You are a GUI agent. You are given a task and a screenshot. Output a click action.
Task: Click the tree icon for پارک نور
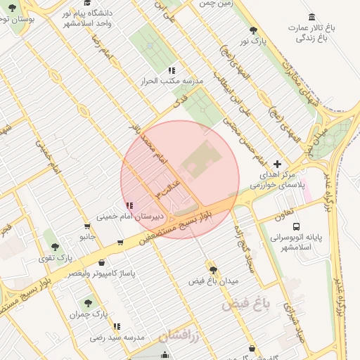tap(253, 30)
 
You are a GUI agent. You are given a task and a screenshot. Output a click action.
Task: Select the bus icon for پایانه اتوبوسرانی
tap(296, 227)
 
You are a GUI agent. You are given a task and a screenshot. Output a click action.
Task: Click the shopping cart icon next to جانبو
tap(86, 226)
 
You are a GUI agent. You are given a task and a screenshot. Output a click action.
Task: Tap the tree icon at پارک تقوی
tap(55, 247)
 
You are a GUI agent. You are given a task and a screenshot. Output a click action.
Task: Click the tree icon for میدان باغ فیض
tap(212, 269)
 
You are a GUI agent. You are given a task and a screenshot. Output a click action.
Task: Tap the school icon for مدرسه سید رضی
tap(117, 326)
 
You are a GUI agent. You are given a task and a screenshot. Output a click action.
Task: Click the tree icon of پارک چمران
tap(87, 303)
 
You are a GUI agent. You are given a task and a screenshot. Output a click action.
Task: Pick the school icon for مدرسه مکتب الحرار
tap(171, 70)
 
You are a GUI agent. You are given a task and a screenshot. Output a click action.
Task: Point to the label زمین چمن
tap(215, 4)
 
